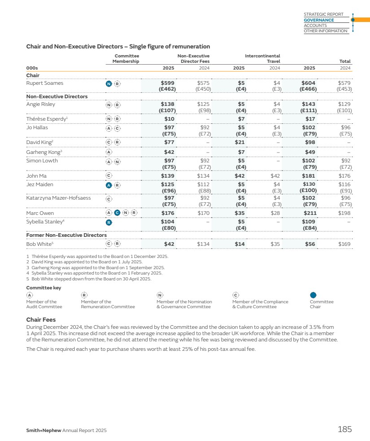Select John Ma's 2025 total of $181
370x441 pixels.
coord(309,176)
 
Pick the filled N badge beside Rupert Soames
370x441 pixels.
coord(109,83)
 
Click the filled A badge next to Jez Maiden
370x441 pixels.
coord(109,185)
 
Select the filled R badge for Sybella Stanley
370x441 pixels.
coord(109,222)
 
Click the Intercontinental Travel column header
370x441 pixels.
coord(262,58)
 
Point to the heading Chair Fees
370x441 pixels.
coord(41,320)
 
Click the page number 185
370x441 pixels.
coord(344,429)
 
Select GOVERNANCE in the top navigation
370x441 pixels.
coord(319,20)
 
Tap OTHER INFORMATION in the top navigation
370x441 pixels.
coord(325,31)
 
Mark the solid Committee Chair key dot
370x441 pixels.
coord(313,295)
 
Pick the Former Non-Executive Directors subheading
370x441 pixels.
coord(66,235)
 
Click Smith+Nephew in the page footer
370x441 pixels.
coord(44,431)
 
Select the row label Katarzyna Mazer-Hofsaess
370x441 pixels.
coord(58,197)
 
